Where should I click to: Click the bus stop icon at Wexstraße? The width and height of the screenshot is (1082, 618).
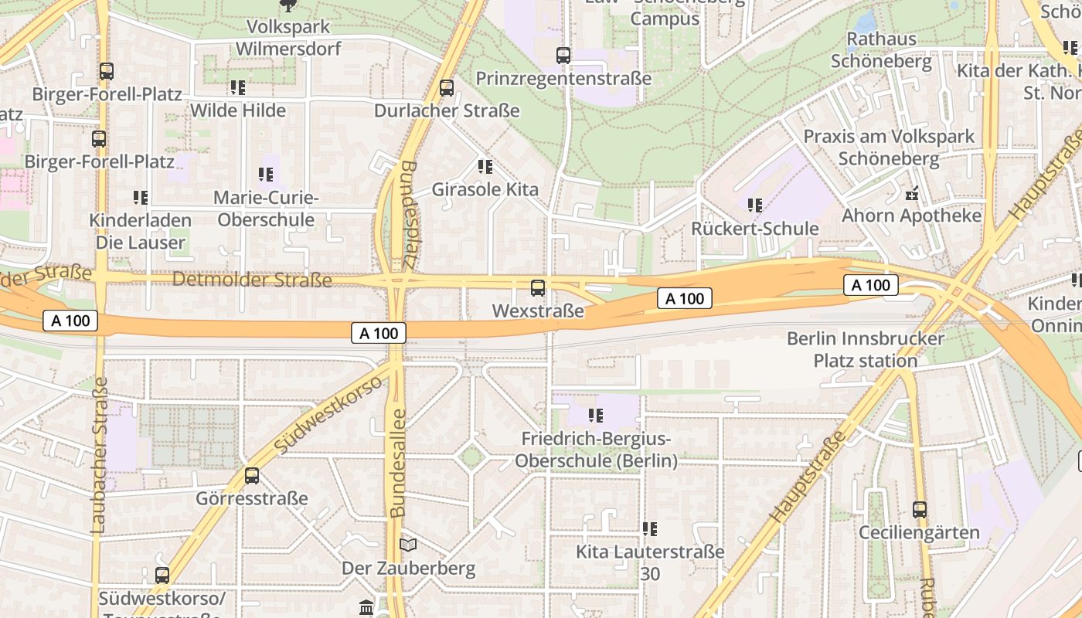(538, 288)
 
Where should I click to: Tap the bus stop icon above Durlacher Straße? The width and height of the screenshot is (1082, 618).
(447, 88)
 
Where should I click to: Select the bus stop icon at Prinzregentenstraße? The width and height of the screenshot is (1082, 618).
(563, 56)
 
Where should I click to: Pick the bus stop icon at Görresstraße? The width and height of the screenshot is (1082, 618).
(252, 476)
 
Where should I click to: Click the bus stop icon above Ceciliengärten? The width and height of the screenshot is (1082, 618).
(919, 510)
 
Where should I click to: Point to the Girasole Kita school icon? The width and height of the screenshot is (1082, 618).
(485, 166)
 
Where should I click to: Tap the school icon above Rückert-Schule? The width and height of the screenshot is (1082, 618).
(754, 205)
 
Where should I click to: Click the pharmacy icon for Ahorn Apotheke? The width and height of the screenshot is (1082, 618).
(912, 192)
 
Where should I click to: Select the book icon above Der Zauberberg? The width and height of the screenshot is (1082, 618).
(408, 545)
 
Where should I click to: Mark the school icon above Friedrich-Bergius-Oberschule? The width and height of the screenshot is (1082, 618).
(595, 416)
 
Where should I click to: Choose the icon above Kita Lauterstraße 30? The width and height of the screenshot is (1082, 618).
(650, 529)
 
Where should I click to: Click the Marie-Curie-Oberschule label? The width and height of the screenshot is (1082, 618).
(266, 209)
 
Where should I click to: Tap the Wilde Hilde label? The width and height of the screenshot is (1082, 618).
(238, 110)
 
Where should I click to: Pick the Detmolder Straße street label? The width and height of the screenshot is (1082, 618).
(252, 279)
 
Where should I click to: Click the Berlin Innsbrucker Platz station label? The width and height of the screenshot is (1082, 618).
(866, 350)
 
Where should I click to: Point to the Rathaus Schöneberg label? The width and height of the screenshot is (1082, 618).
(881, 50)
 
